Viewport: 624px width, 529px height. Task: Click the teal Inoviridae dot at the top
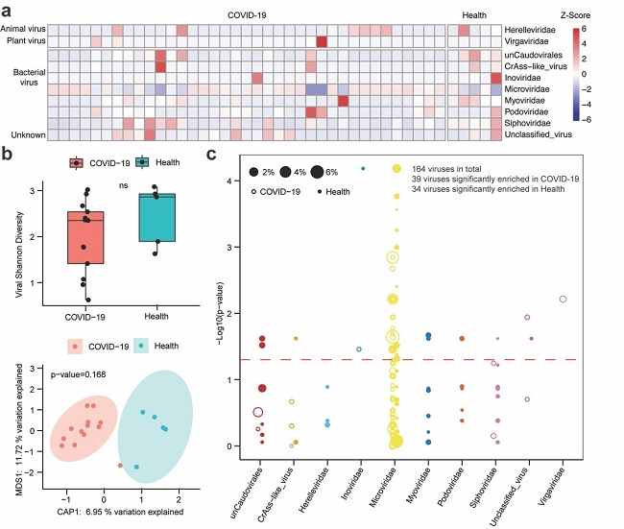click(x=363, y=168)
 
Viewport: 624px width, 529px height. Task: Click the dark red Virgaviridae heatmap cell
click(x=322, y=42)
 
